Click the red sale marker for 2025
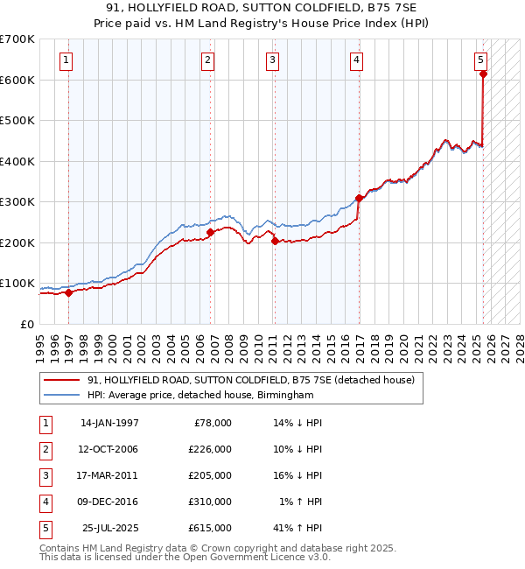pyautogui.click(x=483, y=74)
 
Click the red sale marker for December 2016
pyautogui.click(x=359, y=198)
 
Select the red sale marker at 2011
pyautogui.click(x=275, y=241)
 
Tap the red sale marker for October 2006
pyautogui.click(x=210, y=232)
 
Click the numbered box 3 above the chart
pyautogui.click(x=273, y=60)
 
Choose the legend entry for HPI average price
pyautogui.click(x=199, y=396)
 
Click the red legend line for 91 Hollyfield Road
pyautogui.click(x=62, y=380)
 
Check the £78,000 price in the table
pyautogui.click(x=213, y=423)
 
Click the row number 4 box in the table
pyautogui.click(x=44, y=502)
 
